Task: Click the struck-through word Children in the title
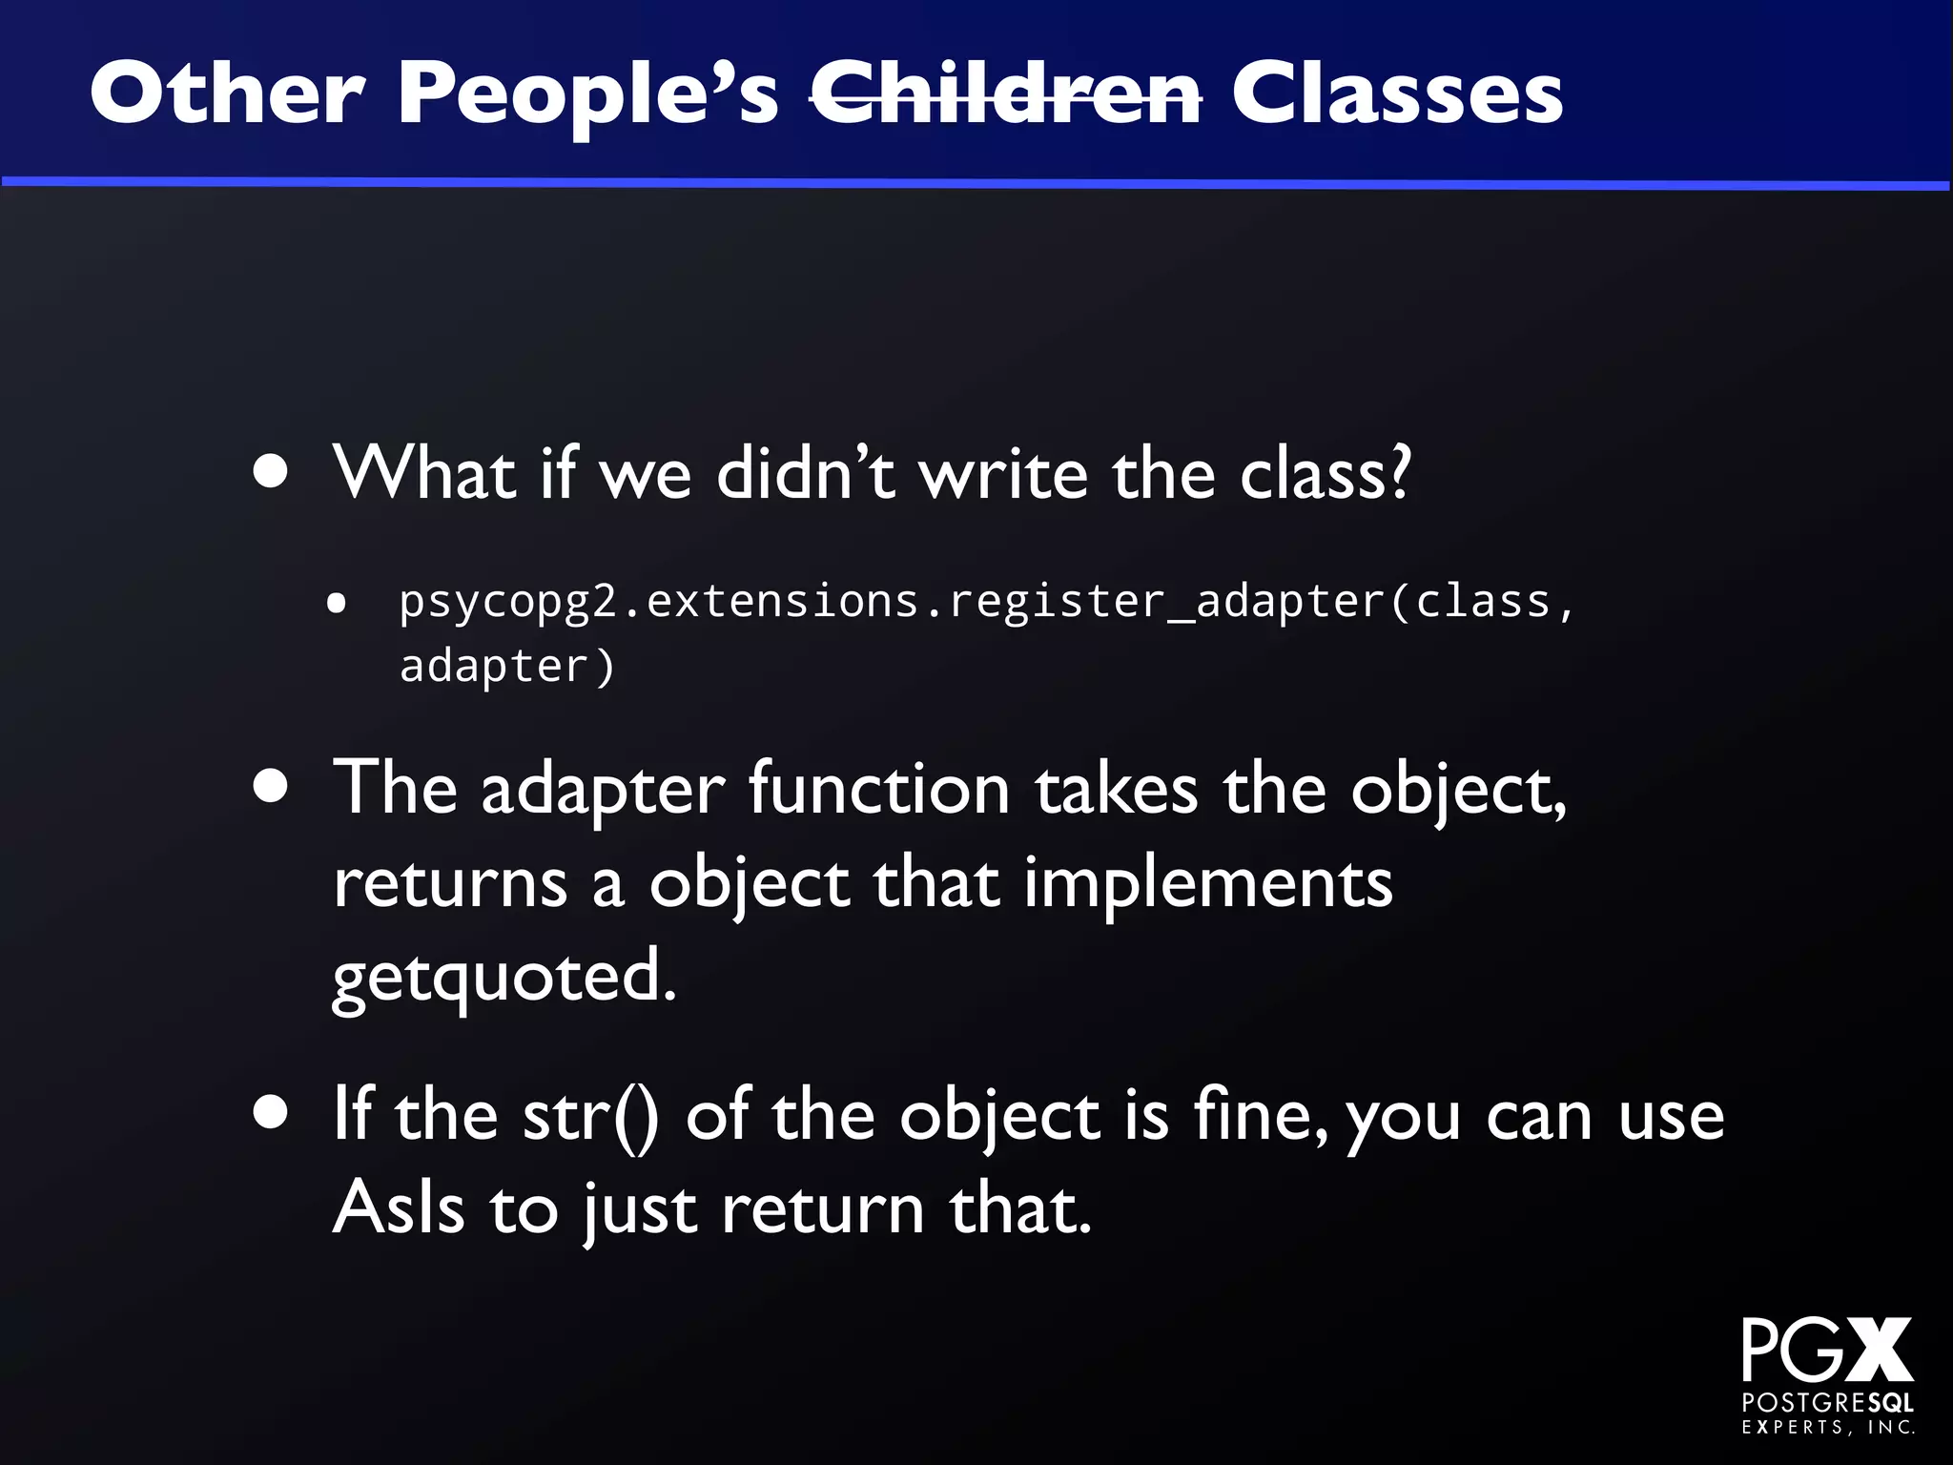[1005, 93]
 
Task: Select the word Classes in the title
[1397, 93]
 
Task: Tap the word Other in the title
[227, 93]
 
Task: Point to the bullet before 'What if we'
[272, 471]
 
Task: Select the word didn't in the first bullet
[806, 473]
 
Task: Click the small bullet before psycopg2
[336, 603]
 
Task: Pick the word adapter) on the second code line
[507, 666]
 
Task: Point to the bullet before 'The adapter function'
[272, 788]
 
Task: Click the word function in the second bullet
[878, 790]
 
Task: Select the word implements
[1207, 883]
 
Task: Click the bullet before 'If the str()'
[272, 1113]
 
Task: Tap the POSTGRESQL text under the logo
[1827, 1403]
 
